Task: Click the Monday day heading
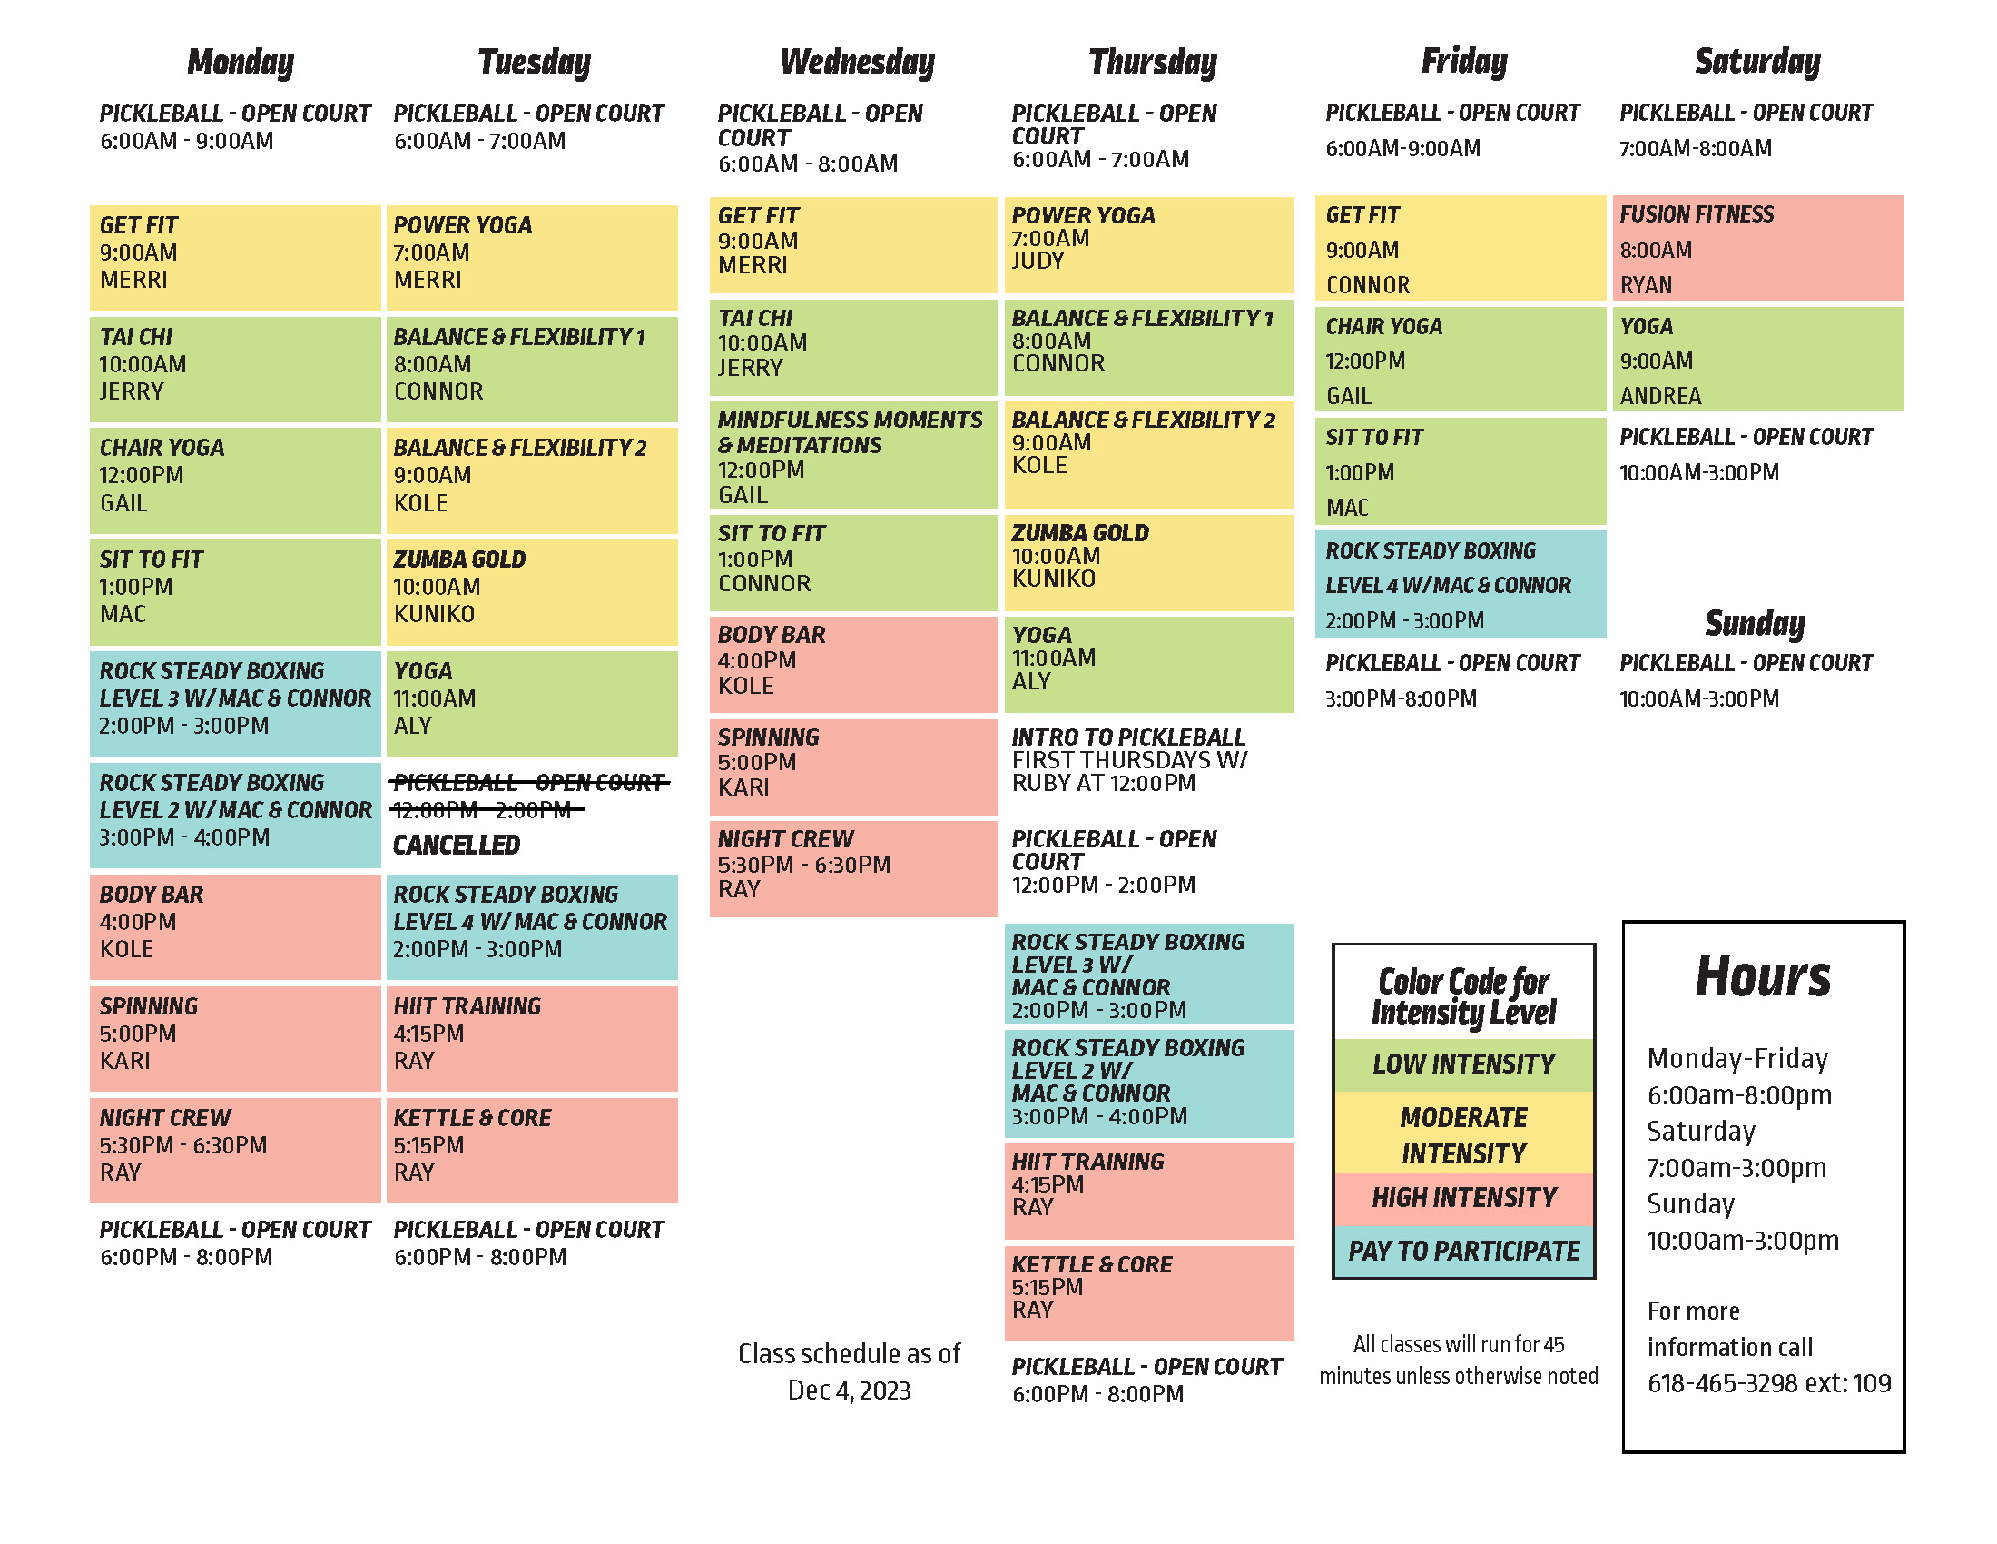click(241, 62)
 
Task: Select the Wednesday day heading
click(857, 62)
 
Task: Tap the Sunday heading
click(1754, 623)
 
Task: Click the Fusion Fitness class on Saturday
click(1756, 248)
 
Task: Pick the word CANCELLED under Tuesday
click(457, 846)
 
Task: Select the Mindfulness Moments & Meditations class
click(853, 456)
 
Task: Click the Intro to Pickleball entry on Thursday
click(1128, 759)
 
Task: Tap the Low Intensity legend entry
click(1463, 1064)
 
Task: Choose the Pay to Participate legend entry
click(1463, 1251)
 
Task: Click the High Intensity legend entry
click(1463, 1197)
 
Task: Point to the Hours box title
click(1762, 977)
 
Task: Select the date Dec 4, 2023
click(849, 1391)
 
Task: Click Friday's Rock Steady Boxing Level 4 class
click(1460, 585)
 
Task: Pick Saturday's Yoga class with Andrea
click(1756, 360)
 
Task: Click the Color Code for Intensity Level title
click(1463, 996)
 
